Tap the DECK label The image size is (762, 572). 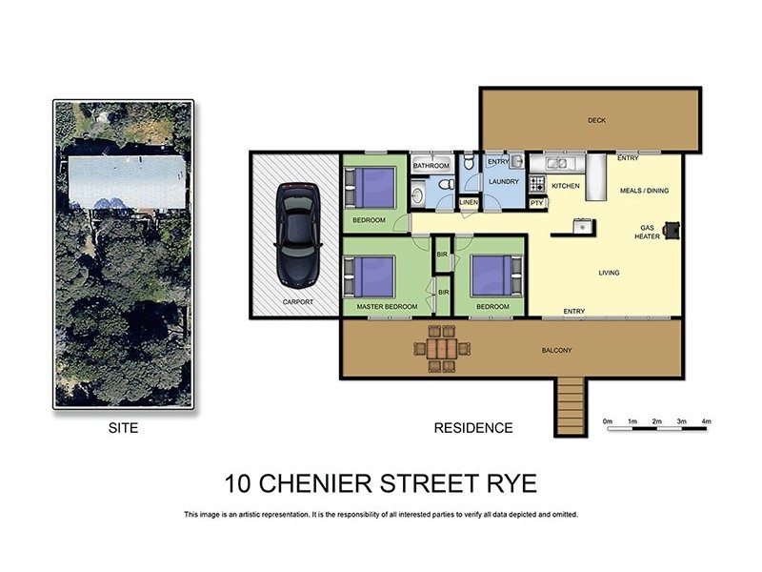coord(596,120)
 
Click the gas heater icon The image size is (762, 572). coord(672,230)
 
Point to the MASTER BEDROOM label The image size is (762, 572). coord(387,307)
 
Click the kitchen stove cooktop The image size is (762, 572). coord(536,184)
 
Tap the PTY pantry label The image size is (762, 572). coord(536,203)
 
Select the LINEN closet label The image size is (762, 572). coord(468,203)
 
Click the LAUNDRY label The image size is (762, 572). coord(502,180)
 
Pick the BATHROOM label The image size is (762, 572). coord(431,166)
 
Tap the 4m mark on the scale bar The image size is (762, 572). coord(706,420)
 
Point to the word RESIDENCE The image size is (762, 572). coord(473,429)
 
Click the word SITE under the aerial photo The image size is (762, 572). coord(123,429)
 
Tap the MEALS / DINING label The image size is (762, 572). coord(644,191)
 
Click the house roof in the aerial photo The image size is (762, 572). coord(127,181)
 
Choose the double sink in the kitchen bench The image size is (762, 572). coord(557,163)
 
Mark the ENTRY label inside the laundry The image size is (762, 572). coord(497,162)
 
